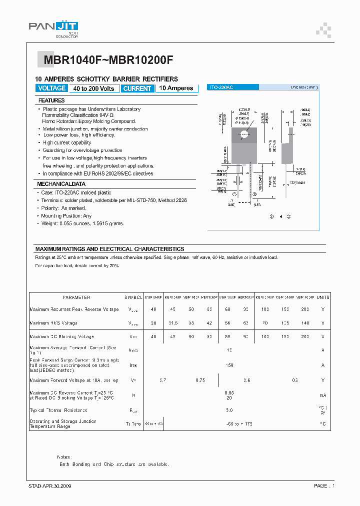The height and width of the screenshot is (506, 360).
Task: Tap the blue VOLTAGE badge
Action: [51, 88]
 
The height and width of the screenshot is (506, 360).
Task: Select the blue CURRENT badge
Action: [137, 88]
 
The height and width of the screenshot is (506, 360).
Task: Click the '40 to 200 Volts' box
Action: [93, 88]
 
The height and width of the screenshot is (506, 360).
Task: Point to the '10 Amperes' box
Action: [176, 88]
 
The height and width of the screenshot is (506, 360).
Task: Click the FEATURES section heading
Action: [52, 100]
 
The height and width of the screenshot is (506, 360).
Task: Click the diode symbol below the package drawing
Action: [280, 216]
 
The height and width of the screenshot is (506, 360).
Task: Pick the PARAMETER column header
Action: [76, 297]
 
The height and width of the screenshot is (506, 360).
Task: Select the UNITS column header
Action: [323, 297]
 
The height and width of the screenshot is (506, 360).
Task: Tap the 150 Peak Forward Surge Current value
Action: [229, 365]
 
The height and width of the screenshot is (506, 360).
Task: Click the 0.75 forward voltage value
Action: [200, 380]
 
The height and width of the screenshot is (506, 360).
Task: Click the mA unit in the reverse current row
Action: [323, 395]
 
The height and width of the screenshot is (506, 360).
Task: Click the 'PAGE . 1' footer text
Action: [324, 486]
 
